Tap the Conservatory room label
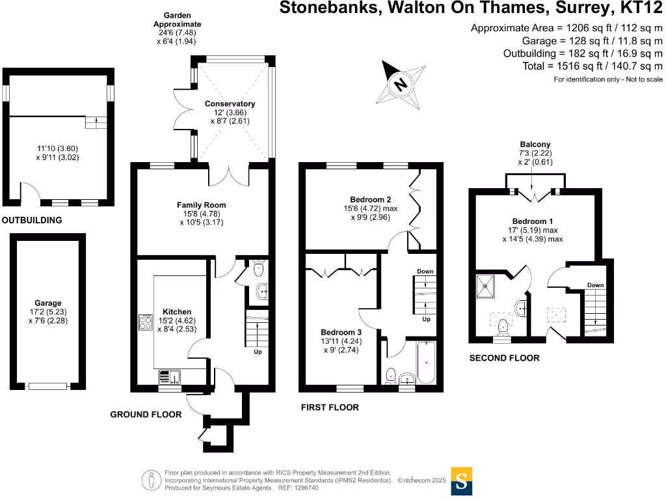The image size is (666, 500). tap(230, 104)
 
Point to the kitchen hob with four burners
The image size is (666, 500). tap(144, 324)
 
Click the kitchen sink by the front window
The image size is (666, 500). tap(171, 377)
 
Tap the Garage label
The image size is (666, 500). tap(48, 303)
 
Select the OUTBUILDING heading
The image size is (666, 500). tap(32, 221)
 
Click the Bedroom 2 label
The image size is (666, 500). tap(370, 199)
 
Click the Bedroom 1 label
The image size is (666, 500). tap(532, 221)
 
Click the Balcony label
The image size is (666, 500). tap(535, 145)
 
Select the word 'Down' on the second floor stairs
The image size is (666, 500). tap(595, 285)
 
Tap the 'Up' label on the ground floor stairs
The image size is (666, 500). tap(258, 352)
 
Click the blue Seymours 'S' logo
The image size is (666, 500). tap(462, 481)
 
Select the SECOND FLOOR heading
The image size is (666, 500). tap(504, 358)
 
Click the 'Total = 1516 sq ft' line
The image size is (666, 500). tap(593, 66)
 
